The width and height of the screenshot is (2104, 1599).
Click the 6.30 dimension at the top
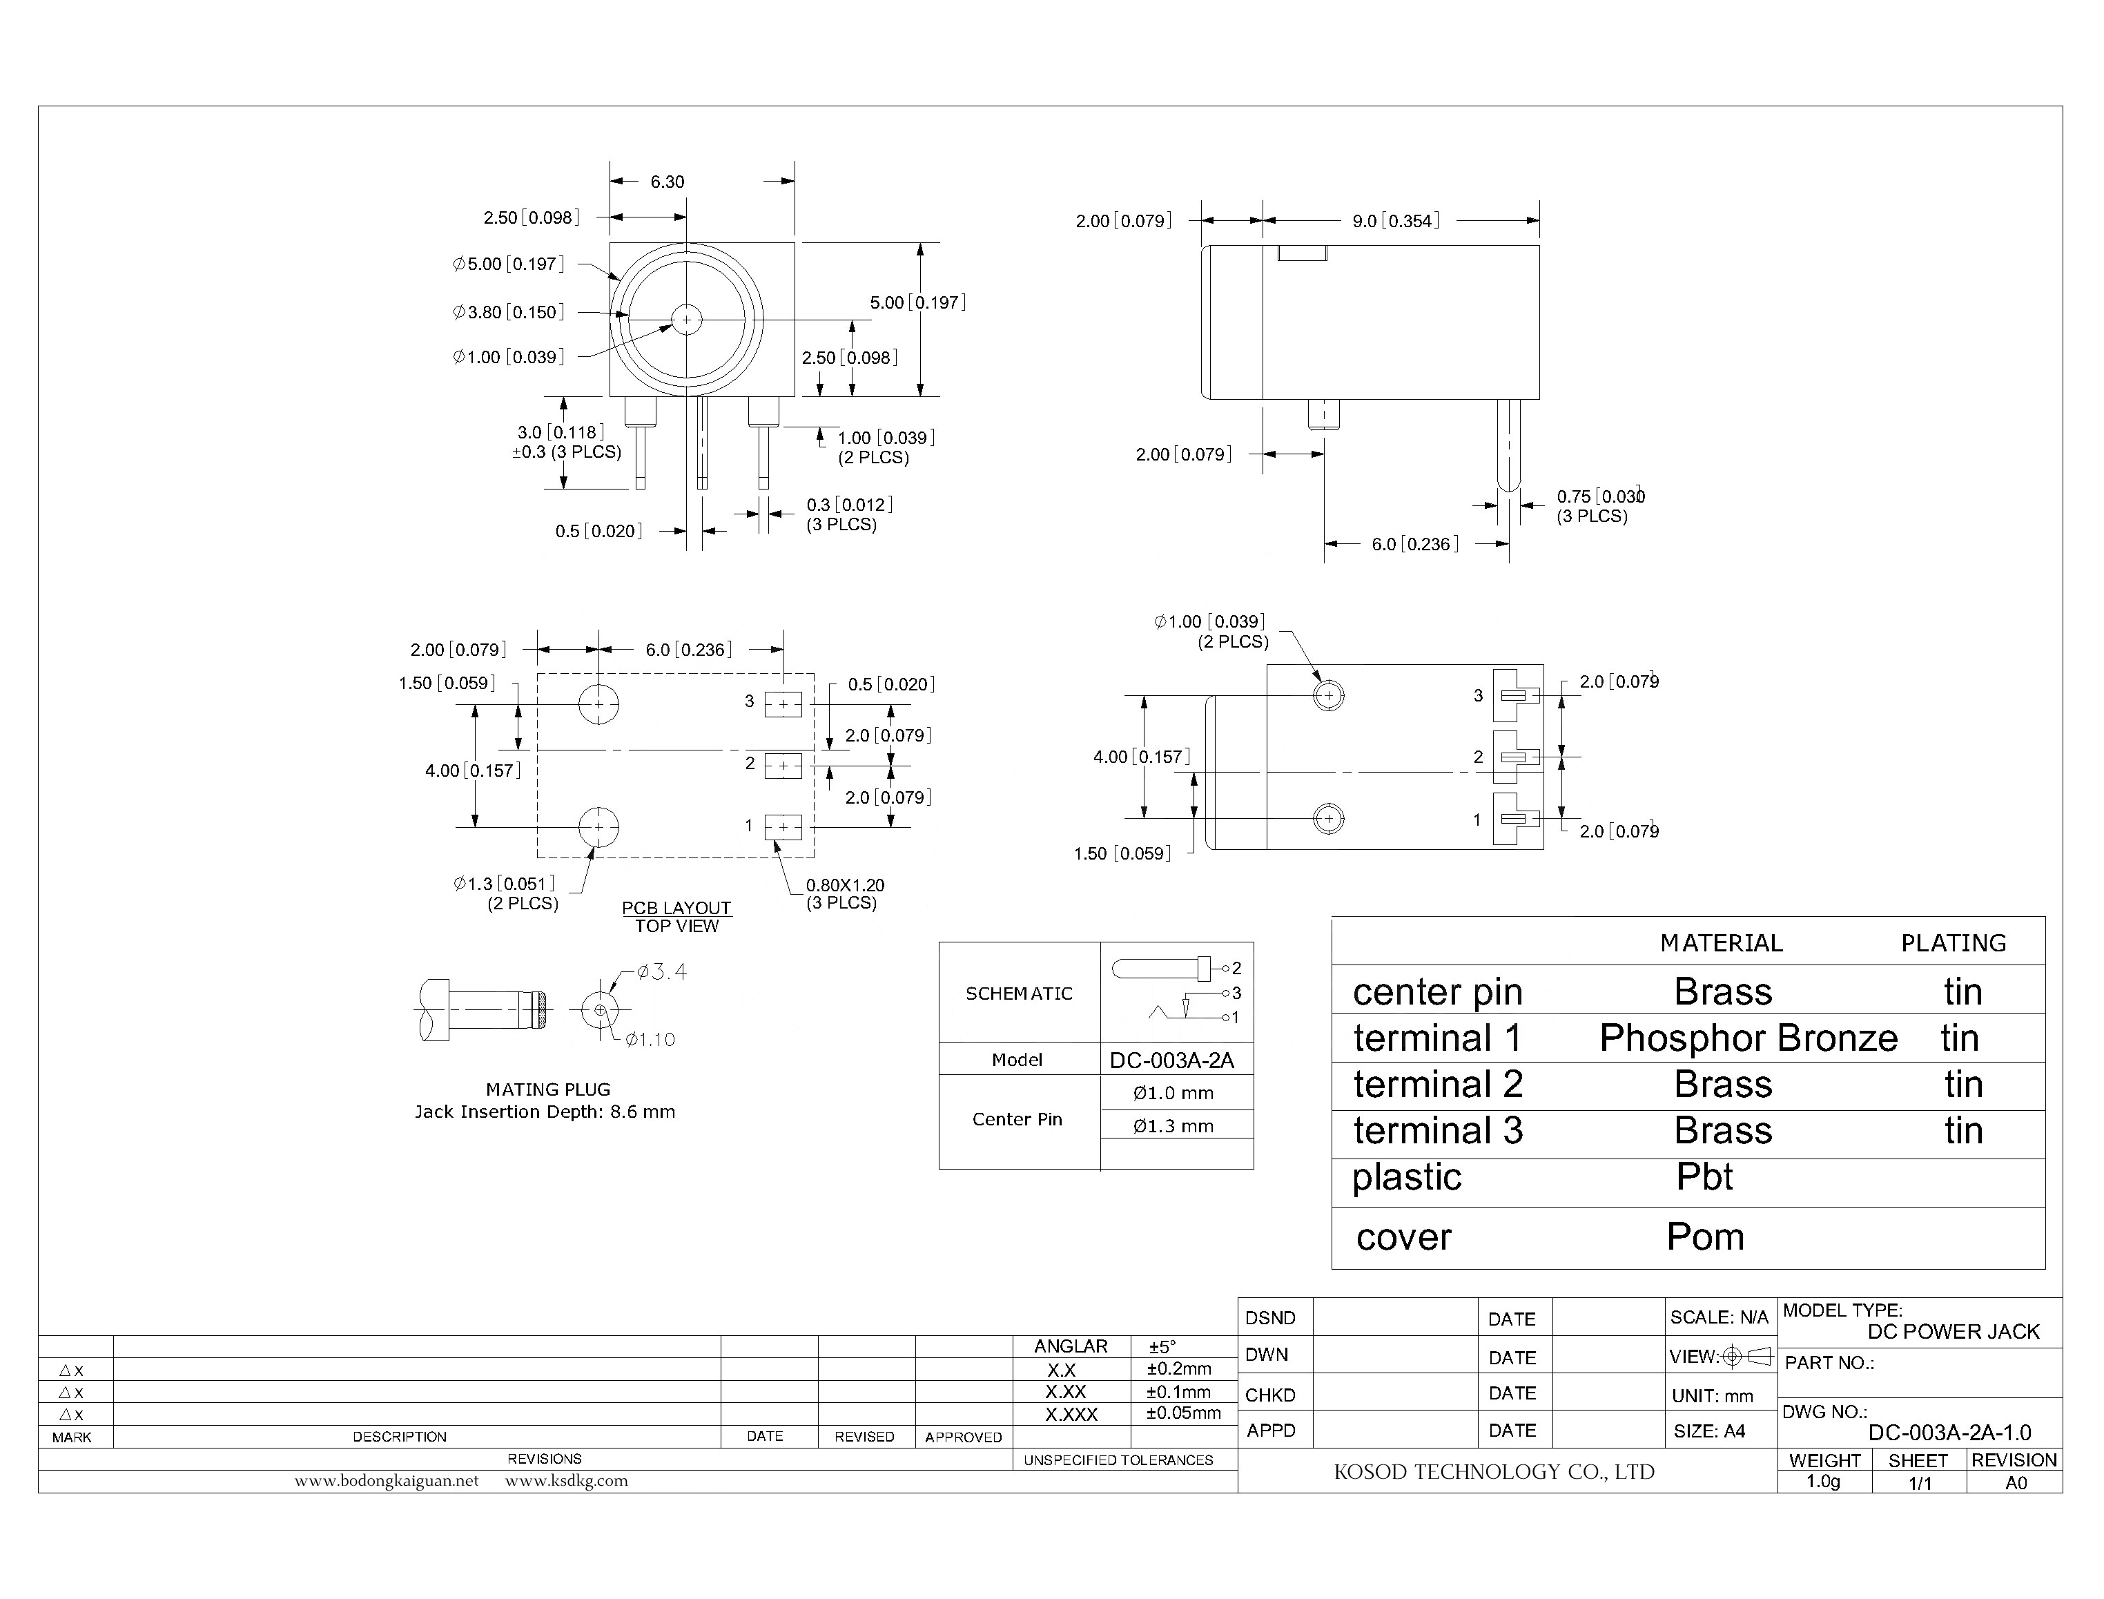tap(666, 182)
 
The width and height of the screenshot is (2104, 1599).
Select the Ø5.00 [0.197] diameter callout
tap(508, 264)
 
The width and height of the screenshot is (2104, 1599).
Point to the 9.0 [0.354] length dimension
tap(1395, 221)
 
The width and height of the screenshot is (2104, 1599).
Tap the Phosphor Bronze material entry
tap(1747, 1038)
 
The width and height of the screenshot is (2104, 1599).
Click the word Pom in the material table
tap(1704, 1237)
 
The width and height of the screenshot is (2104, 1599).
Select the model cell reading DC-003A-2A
tap(1171, 1059)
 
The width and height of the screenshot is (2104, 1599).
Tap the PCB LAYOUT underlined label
tap(676, 908)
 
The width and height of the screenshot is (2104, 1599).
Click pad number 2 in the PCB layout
tap(783, 764)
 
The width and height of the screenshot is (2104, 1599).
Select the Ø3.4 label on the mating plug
tap(661, 972)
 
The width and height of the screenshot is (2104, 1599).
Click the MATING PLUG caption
tap(548, 1089)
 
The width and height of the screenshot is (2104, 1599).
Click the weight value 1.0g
tap(1822, 1482)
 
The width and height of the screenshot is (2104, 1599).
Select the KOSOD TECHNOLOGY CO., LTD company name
tap(1493, 1471)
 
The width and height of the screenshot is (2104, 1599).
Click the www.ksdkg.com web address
tap(566, 1480)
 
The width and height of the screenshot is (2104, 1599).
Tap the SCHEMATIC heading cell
tap(1018, 993)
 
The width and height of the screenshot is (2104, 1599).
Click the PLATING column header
tap(1953, 943)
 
